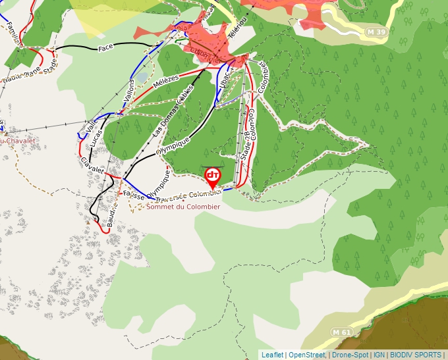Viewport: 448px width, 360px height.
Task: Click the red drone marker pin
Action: pos(212,176)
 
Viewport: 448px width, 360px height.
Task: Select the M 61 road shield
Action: pos(341,332)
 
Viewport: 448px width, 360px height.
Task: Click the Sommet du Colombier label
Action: pos(183,207)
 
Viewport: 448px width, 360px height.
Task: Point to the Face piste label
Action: pos(106,48)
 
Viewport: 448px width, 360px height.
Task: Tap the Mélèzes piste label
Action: pos(165,82)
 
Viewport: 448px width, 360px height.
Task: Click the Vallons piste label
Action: pos(128,90)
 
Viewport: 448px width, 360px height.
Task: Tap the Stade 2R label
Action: pos(246,145)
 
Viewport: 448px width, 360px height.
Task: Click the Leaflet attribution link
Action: pos(272,355)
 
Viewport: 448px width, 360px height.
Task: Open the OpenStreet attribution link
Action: pos(306,355)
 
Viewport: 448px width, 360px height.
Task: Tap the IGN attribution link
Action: pos(379,355)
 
